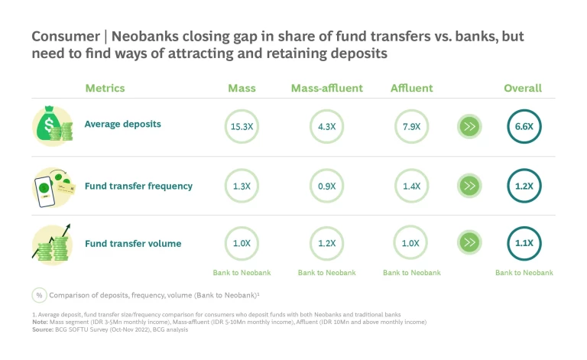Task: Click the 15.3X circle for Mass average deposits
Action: tap(242, 126)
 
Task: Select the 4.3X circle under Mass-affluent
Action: tap(326, 126)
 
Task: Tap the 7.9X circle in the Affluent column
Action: tap(411, 126)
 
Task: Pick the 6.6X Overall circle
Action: tap(524, 126)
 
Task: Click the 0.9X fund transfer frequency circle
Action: tap(326, 186)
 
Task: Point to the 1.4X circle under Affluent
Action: tap(411, 186)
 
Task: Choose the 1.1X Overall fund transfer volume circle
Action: tap(524, 243)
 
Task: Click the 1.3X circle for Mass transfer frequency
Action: tap(242, 186)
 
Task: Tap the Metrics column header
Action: tap(105, 88)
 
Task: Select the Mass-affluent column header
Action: tap(326, 88)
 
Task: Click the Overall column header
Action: tap(523, 88)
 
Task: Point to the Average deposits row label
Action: tap(122, 124)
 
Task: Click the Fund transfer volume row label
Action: tap(133, 244)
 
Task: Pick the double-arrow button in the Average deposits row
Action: tap(469, 126)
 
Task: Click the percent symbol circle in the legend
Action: tap(38, 295)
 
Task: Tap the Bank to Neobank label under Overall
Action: tap(524, 273)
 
